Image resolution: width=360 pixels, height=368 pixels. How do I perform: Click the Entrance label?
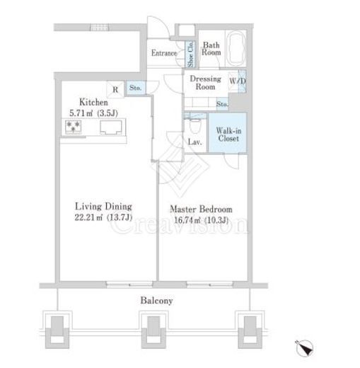tap(164, 53)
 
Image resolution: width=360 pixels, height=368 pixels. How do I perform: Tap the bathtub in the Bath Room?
tap(236, 49)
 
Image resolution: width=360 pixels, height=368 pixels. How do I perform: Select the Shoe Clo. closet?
tap(190, 54)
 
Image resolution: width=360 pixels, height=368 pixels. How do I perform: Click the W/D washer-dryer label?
tap(238, 81)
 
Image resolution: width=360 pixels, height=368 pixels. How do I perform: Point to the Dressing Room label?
tap(206, 83)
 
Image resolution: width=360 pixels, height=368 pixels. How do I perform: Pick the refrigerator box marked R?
tap(115, 89)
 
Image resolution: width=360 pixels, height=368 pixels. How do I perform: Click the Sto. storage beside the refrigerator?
tap(136, 88)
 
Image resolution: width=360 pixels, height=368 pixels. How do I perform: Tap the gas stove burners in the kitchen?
tap(74, 127)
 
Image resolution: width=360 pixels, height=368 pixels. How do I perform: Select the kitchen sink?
tap(111, 127)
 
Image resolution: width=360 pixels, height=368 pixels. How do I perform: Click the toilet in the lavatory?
tap(195, 126)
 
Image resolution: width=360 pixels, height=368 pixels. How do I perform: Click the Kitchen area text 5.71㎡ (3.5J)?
tap(93, 113)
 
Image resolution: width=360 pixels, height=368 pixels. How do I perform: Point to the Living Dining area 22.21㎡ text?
tap(103, 217)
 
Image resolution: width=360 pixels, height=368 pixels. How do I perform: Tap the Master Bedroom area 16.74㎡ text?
tap(201, 220)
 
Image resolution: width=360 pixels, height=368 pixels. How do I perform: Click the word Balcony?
tap(156, 301)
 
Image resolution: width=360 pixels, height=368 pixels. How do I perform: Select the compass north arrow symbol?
tap(305, 348)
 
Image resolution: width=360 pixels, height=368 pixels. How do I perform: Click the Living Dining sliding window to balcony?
tap(129, 284)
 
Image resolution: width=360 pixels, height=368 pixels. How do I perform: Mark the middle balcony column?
tap(153, 330)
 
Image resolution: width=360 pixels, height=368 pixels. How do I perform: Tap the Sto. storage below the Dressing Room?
tap(222, 104)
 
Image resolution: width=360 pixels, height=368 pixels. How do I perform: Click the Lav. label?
tap(195, 142)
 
